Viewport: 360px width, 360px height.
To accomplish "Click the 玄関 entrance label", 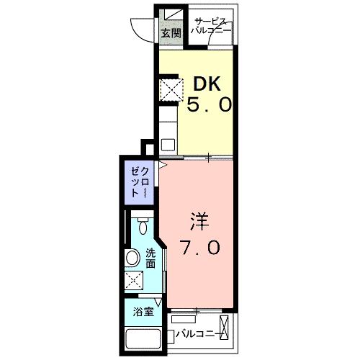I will pyautogui.click(x=171, y=32).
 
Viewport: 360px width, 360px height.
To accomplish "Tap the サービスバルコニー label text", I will pyautogui.click(x=212, y=27).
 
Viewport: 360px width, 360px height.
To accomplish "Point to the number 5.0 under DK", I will pyautogui.click(x=210, y=105).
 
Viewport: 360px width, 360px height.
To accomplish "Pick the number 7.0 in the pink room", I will pyautogui.click(x=201, y=247).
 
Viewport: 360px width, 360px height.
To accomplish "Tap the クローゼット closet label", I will pyautogui.click(x=139, y=183).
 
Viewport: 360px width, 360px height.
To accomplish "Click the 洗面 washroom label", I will pyautogui.click(x=151, y=258).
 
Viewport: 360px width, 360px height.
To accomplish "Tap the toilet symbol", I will pyautogui.click(x=144, y=228).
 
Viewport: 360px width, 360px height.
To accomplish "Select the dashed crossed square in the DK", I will pyautogui.click(x=171, y=90).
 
